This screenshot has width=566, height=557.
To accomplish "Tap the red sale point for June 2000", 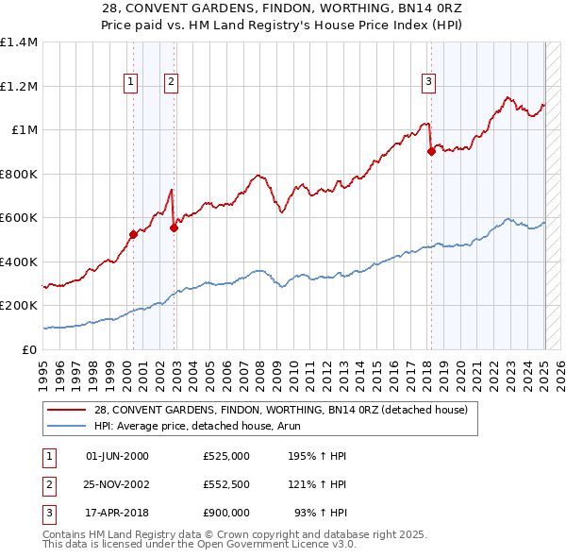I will click(x=133, y=235).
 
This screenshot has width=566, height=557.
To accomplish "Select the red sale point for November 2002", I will click(x=175, y=228).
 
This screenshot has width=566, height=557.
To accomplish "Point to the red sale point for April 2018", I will click(x=431, y=151).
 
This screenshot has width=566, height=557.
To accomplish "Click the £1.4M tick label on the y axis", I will click(x=19, y=42).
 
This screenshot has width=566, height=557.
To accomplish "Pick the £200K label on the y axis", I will click(x=19, y=306).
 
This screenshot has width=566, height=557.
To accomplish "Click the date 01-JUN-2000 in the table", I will click(x=117, y=456).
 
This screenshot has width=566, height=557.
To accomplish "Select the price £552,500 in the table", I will click(x=226, y=484).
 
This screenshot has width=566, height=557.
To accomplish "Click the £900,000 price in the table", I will click(x=226, y=513).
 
